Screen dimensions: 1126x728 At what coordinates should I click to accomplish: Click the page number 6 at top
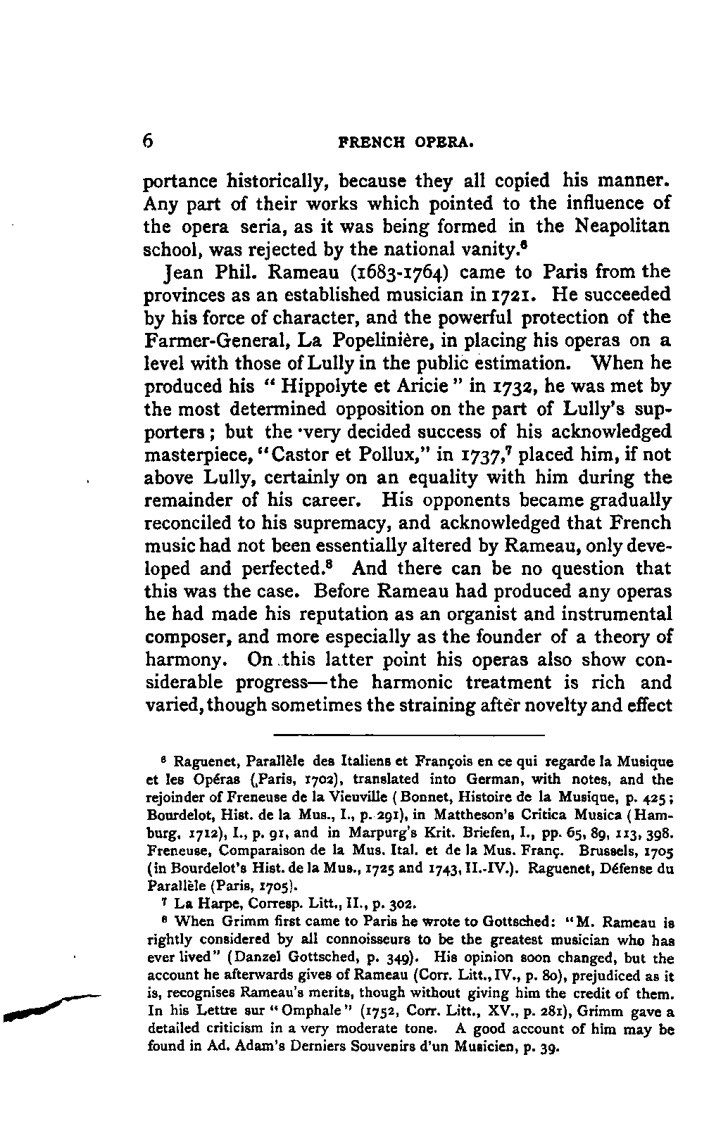pyautogui.click(x=148, y=140)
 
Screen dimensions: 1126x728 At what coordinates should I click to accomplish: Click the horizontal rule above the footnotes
pyautogui.click(x=410, y=735)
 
